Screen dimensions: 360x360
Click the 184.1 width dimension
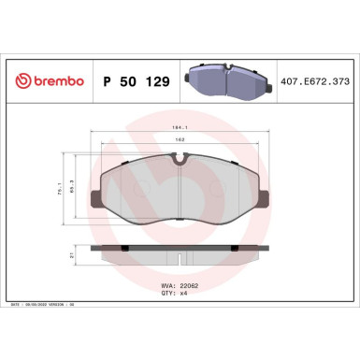click(x=180, y=128)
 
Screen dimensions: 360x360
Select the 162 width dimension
click(x=180, y=141)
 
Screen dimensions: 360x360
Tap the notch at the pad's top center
click(x=180, y=160)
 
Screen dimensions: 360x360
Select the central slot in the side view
click(x=180, y=252)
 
